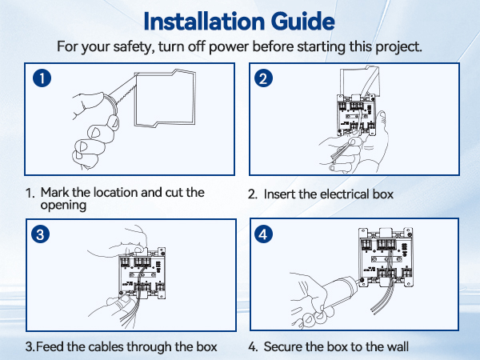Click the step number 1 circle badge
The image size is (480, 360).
tap(42, 78)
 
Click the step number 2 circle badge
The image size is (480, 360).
tap(265, 78)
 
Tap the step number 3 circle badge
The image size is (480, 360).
tap(42, 234)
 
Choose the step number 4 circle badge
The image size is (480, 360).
tap(265, 234)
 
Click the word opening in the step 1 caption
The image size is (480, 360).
tap(63, 206)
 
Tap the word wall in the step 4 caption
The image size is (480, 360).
tap(395, 347)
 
